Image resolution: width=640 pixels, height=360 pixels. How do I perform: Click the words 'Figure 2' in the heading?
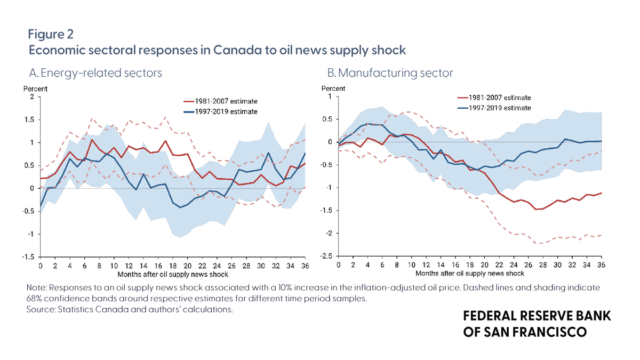click(51, 34)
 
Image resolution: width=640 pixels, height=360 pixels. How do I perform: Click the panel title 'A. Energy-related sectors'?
click(95, 73)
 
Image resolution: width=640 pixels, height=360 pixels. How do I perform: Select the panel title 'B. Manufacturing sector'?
click(390, 73)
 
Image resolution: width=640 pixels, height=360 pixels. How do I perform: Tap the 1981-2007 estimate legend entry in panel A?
click(220, 101)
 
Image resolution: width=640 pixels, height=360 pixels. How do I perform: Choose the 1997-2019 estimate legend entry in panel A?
click(220, 111)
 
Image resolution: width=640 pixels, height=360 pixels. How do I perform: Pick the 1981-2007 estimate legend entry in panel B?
click(494, 98)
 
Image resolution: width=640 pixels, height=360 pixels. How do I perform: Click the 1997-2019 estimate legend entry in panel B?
click(494, 108)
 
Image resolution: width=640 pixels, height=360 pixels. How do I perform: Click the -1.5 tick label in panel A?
click(28, 257)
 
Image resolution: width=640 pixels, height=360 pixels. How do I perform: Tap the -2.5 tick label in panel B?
click(326, 257)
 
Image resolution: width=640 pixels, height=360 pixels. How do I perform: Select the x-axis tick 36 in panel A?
click(305, 266)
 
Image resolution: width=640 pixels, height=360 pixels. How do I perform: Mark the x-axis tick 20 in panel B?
click(484, 265)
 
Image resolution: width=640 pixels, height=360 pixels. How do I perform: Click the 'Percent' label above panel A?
click(35, 89)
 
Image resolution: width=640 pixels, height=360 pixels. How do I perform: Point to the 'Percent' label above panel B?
click(333, 89)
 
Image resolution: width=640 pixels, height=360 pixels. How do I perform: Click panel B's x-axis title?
click(470, 274)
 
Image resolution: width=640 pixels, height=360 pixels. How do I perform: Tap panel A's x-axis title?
click(173, 275)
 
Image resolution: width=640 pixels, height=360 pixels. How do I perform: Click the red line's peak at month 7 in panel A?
click(92, 140)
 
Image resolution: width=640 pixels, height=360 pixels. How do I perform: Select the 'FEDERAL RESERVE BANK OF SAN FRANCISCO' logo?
click(537, 324)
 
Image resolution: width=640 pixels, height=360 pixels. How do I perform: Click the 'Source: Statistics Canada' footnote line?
click(130, 309)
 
